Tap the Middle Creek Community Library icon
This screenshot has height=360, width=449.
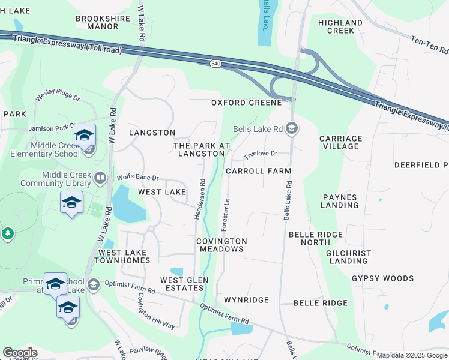pos(100,178)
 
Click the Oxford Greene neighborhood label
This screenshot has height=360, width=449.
pos(246,103)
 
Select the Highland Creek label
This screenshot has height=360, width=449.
pos(340,26)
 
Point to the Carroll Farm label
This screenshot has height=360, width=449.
pos(258,171)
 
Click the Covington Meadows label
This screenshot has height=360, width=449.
pos(221,245)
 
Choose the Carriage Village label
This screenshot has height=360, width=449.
pos(340,142)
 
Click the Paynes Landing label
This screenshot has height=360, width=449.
pos(340,201)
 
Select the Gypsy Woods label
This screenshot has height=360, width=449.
pos(383,278)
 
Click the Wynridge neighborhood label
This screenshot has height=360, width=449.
pos(246,299)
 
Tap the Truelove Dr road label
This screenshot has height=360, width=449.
pos(260,155)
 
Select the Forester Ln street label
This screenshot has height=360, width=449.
pos(227,214)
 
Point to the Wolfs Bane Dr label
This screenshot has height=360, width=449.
pos(138,178)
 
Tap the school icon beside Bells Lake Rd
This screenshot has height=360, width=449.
pos(292,128)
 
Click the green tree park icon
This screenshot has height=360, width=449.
pos(7,233)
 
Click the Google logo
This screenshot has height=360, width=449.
pos(20,353)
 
